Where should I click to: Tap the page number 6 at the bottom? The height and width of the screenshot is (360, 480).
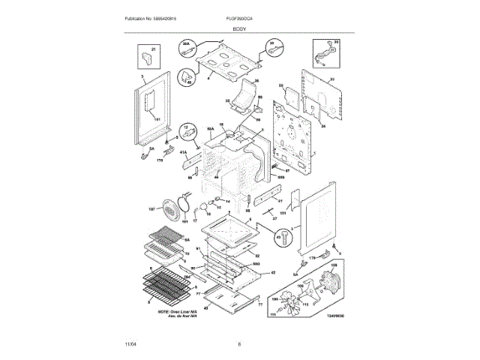(x=239, y=344)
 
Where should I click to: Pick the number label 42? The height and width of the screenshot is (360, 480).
(x=273, y=272)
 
